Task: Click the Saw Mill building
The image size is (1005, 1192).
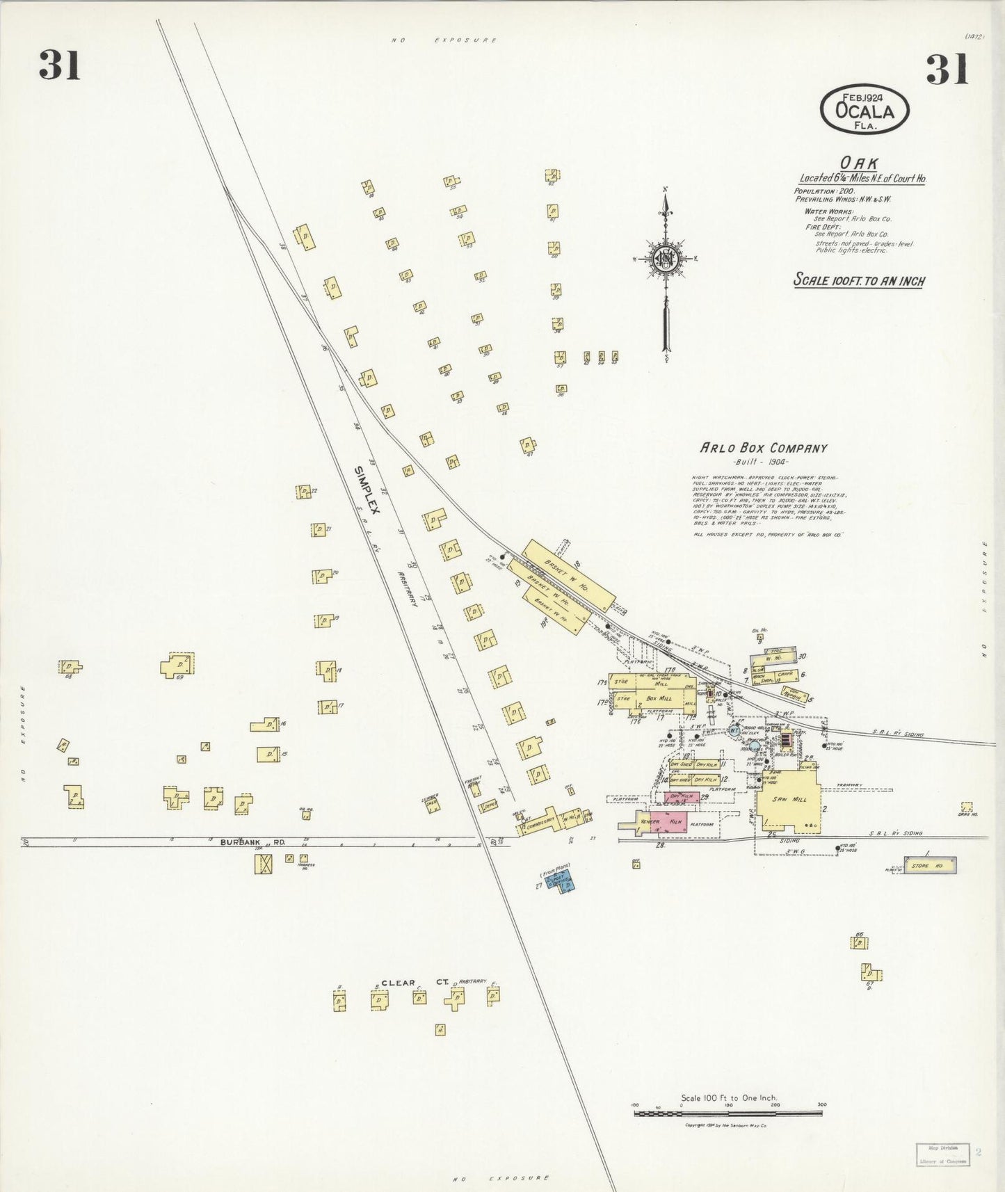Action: pos(791,800)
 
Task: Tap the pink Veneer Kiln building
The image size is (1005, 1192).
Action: pos(654,821)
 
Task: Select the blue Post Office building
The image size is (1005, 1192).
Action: pos(562,882)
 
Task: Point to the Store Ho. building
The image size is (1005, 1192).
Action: pos(931,866)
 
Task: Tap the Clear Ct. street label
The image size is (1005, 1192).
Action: pos(413,983)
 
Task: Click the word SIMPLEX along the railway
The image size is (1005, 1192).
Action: pos(369,490)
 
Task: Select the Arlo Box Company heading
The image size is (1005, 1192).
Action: pos(763,449)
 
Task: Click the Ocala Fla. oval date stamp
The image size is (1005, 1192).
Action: pos(865,110)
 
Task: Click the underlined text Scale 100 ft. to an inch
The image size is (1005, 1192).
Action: pos(859,281)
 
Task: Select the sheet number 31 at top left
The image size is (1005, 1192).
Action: pos(60,67)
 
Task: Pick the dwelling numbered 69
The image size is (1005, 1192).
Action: pos(177,665)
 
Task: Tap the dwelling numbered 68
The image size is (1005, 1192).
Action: pos(70,667)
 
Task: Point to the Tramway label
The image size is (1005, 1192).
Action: pos(849,785)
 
